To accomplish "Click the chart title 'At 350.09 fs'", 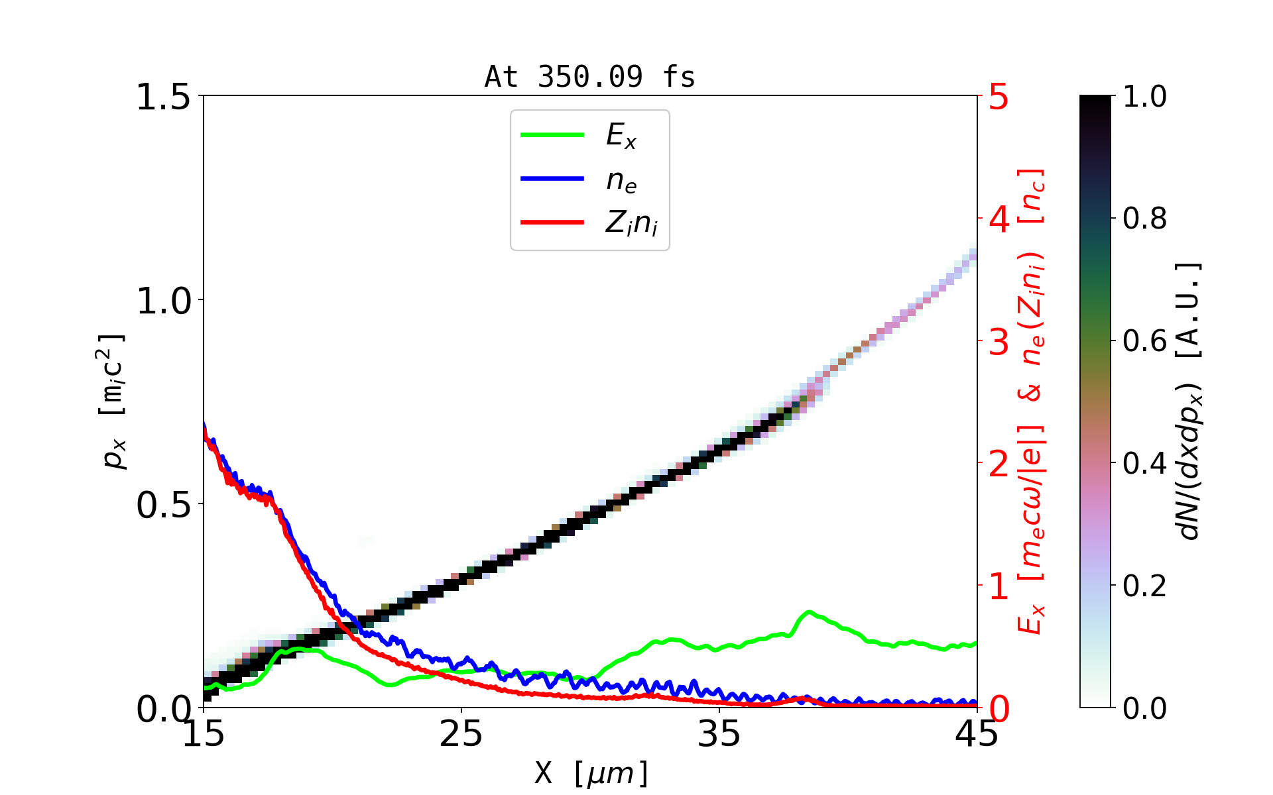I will (589, 77).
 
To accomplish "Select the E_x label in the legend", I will (621, 136).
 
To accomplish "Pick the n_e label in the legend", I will (621, 180).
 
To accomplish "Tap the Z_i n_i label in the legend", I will (631, 223).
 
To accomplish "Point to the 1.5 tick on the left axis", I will (163, 97).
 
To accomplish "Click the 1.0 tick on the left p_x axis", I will (163, 301).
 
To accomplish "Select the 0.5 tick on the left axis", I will (163, 505).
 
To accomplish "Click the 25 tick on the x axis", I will (461, 733).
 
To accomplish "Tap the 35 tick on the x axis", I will (719, 733).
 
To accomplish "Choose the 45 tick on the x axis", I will (977, 733).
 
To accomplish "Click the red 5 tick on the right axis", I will (999, 97).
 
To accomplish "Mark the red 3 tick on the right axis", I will (999, 342).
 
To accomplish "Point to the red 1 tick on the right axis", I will (999, 586).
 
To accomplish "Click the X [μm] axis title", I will (591, 772).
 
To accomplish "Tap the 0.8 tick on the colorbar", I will (1144, 218).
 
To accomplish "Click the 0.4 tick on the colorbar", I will (1144, 463).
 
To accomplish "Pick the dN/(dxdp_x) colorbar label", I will (1189, 401).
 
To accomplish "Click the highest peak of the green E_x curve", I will (809, 612).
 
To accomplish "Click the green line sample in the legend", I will (552, 134).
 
